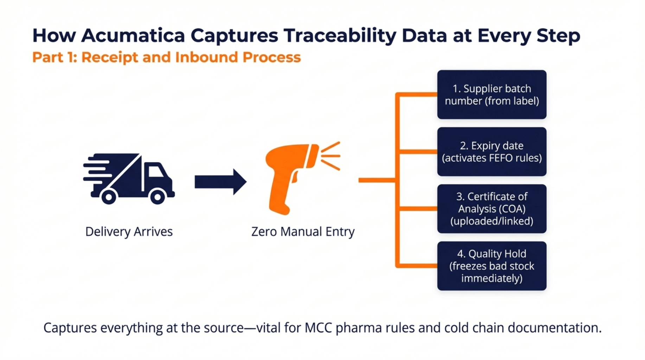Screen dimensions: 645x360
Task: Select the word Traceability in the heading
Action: tap(340, 36)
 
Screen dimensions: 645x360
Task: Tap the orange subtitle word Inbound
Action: tap(206, 57)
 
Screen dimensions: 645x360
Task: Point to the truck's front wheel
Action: tap(158, 197)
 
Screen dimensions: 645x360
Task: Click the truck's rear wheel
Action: tap(109, 197)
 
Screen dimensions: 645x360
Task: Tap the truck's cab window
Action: tap(155, 171)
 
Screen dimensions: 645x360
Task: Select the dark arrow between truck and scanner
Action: tap(221, 182)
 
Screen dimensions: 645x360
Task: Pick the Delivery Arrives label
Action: tap(129, 232)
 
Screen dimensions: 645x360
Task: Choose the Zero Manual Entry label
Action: tap(303, 232)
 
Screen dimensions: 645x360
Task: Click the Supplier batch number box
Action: tap(492, 95)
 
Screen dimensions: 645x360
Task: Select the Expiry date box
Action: tap(492, 152)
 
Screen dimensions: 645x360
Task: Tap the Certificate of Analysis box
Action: tap(492, 209)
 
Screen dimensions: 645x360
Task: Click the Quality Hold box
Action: tap(492, 266)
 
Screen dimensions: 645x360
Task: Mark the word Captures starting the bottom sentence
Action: tap(70, 328)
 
